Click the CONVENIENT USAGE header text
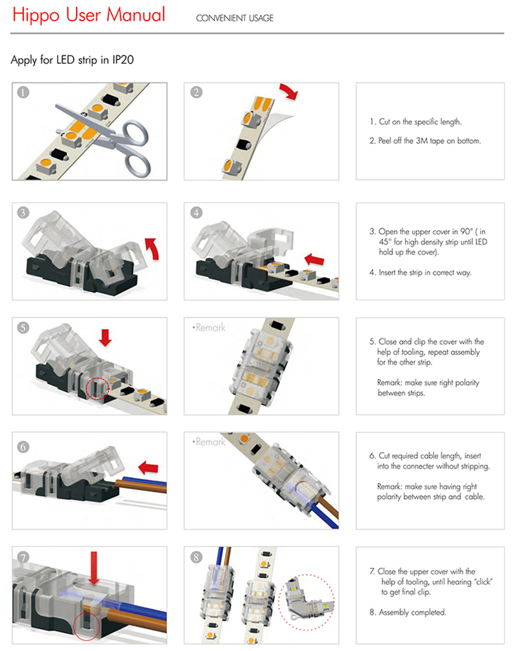pos(234,18)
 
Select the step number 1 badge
pos(23,92)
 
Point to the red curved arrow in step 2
pos(289,91)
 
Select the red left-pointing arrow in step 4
pos(315,259)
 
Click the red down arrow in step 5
pos(106,335)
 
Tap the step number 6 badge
pos(23,446)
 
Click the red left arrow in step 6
pos(149,466)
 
